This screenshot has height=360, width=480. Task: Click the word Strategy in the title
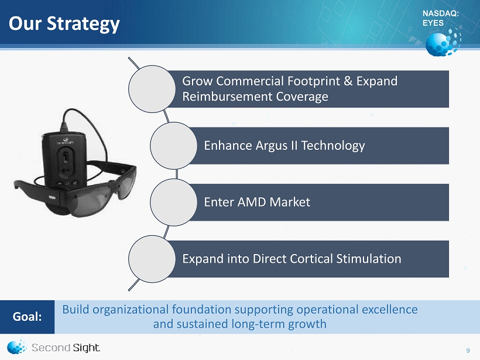coord(83,24)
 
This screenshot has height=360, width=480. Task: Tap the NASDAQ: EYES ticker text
coord(441,18)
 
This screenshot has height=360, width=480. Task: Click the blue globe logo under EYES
coord(443,42)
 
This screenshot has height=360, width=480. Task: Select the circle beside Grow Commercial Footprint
coord(152,89)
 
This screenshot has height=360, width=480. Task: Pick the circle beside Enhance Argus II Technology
coord(174,145)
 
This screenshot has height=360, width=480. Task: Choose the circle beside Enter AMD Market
coord(174,203)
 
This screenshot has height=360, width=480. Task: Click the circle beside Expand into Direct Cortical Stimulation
coord(152,259)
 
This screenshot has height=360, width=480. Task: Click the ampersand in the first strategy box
coord(348,81)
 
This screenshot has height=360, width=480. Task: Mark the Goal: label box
coord(28,317)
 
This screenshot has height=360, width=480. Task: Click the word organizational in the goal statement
coord(131,310)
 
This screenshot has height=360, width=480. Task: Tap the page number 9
coord(468,351)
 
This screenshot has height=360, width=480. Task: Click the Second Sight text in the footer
coord(66,348)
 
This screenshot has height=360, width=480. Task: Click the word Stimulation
coord(369,259)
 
